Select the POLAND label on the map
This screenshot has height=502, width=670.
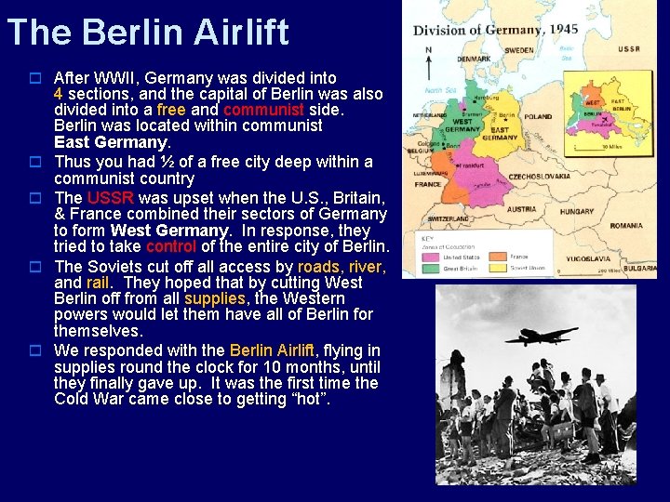click(538, 117)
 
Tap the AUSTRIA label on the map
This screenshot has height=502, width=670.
click(521, 209)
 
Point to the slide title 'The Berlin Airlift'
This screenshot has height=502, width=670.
click(147, 32)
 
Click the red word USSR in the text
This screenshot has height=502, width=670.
click(110, 198)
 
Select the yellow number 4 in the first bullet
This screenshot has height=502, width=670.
click(59, 94)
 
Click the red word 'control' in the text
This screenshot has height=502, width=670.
click(171, 246)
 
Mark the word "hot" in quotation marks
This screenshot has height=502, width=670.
click(309, 399)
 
